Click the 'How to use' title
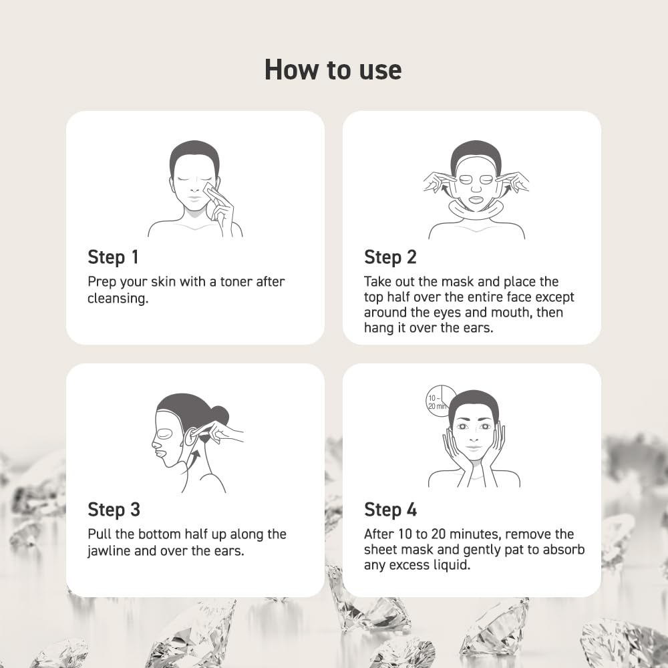click(333, 69)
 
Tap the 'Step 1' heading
click(113, 257)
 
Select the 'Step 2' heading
click(390, 257)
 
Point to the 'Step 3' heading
click(114, 510)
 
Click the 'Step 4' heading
click(390, 510)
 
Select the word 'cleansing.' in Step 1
click(118, 298)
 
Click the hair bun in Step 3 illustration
click(220, 415)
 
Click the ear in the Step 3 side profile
click(190, 436)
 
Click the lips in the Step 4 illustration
click(474, 448)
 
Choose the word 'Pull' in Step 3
click(100, 534)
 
